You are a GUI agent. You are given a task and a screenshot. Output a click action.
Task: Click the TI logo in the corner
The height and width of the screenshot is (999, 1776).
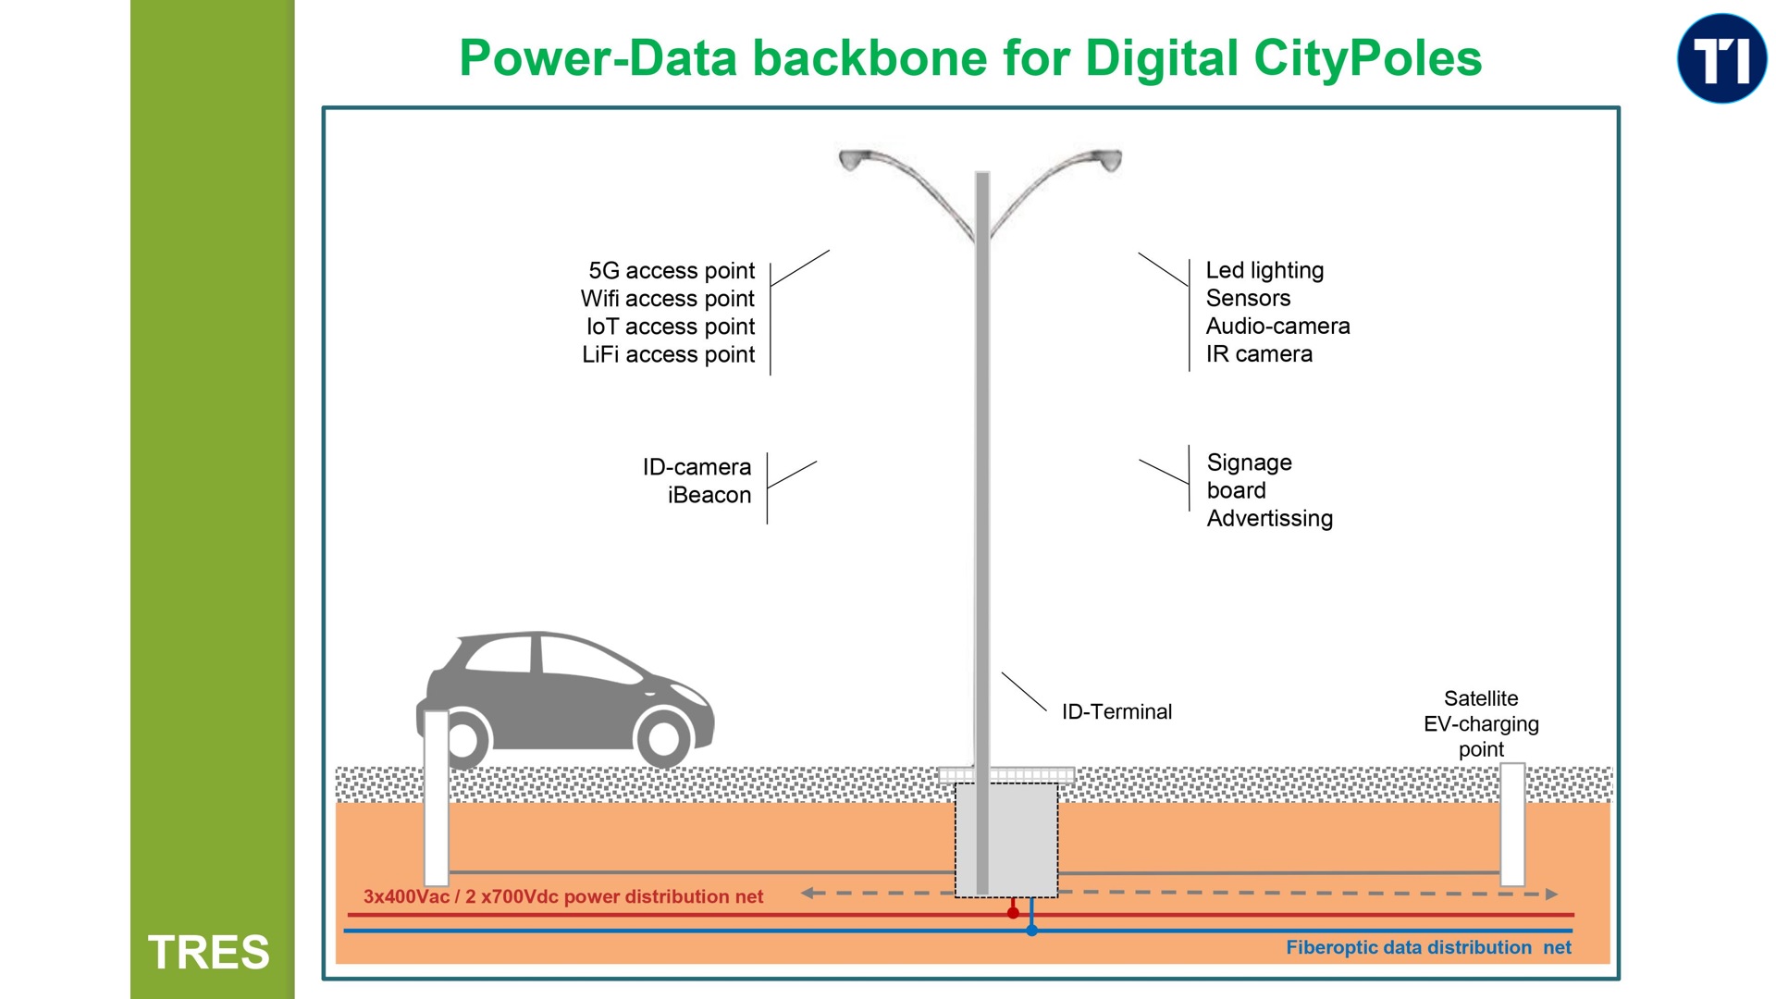(1721, 58)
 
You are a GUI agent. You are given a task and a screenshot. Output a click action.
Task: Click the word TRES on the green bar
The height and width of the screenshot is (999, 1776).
(209, 952)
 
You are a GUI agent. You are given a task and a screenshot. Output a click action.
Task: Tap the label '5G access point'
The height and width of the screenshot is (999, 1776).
(672, 271)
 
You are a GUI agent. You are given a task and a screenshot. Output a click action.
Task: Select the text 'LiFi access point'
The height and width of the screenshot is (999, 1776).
(668, 355)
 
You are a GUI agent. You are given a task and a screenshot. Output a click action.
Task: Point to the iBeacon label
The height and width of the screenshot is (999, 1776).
(709, 496)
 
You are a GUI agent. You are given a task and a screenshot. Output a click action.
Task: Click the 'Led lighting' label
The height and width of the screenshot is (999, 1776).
(1264, 271)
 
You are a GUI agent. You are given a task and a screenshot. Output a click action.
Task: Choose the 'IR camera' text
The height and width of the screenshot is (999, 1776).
(1258, 354)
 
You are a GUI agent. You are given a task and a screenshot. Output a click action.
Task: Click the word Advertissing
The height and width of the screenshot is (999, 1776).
(1269, 519)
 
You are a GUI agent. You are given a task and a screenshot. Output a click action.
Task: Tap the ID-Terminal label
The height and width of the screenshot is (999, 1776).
(1116, 712)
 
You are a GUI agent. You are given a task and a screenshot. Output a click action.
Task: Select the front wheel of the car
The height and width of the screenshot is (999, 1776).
(663, 737)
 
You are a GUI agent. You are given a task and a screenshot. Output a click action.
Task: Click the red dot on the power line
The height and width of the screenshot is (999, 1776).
(1013, 913)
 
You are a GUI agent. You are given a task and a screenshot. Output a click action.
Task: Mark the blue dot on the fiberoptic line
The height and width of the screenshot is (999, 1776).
(1031, 931)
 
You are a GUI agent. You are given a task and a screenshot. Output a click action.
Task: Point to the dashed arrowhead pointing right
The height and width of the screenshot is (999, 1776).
(1551, 894)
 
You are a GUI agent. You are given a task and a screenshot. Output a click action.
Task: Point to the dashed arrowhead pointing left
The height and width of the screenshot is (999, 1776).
(808, 894)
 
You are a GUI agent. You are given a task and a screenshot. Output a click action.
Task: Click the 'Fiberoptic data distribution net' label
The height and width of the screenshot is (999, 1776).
(1427, 948)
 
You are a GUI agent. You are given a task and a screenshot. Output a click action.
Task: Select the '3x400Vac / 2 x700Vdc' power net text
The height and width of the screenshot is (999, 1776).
(562, 897)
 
